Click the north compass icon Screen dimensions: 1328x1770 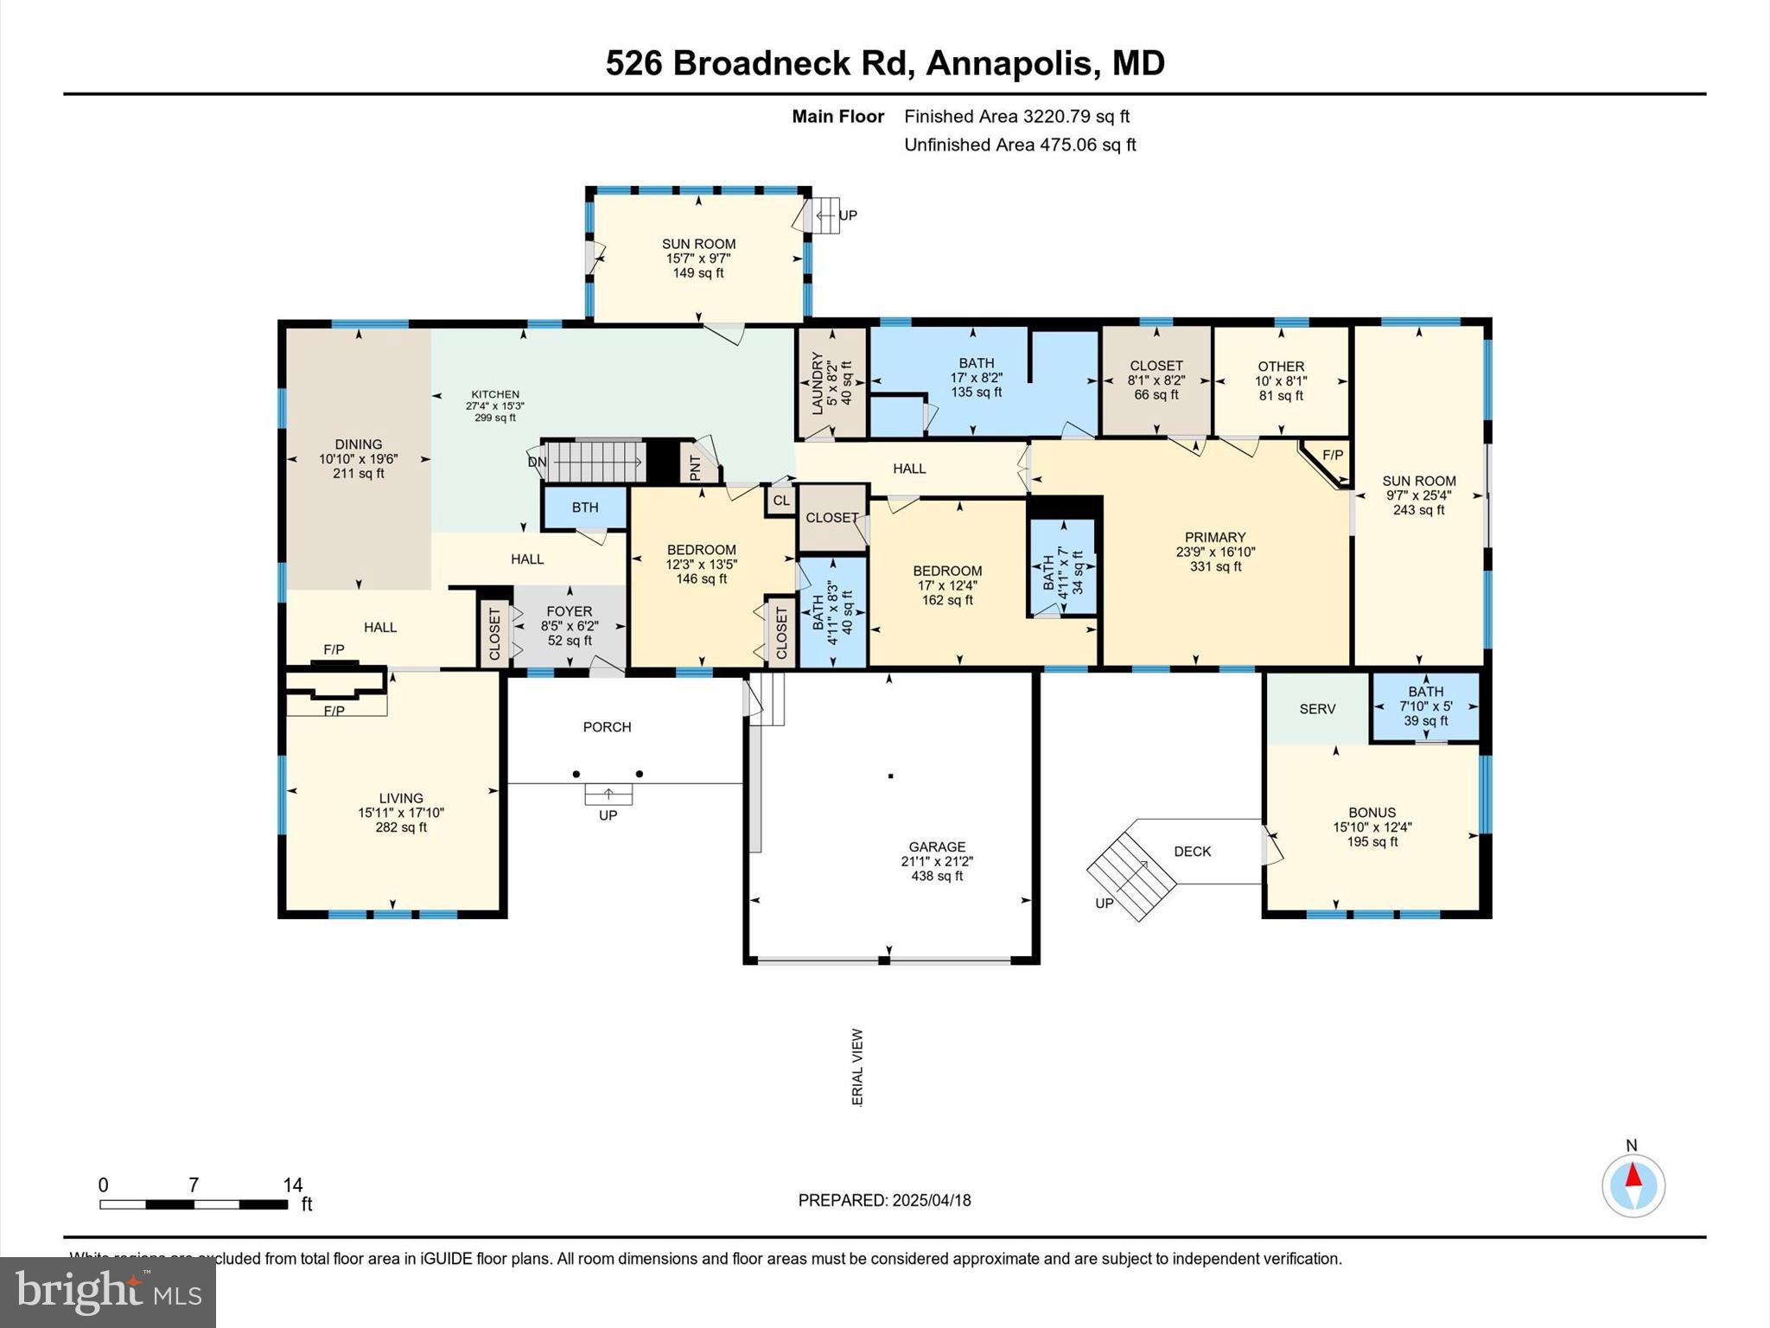click(x=1633, y=1185)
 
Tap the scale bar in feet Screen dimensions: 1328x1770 click(x=194, y=1203)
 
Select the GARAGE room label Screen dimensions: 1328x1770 click(x=937, y=846)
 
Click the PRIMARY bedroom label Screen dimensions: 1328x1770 click(x=1215, y=537)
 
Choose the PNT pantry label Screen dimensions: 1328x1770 click(x=696, y=467)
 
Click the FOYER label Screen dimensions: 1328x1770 click(x=570, y=611)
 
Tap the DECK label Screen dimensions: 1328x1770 click(x=1193, y=852)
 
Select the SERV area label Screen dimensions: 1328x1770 click(x=1317, y=709)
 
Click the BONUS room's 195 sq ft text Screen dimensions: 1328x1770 click(x=1372, y=841)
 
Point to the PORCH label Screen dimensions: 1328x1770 click(x=607, y=727)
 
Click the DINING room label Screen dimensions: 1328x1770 click(x=359, y=444)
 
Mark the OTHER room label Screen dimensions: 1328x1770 click(x=1281, y=367)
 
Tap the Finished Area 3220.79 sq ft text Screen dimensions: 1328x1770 click(x=1016, y=116)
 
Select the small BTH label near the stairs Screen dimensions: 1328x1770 click(x=585, y=508)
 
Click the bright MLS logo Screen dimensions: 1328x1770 click(x=108, y=1292)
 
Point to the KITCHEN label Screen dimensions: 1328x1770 click(x=495, y=394)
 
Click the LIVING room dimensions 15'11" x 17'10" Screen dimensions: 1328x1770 click(x=401, y=813)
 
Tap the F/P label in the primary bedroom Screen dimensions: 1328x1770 click(x=1332, y=455)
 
